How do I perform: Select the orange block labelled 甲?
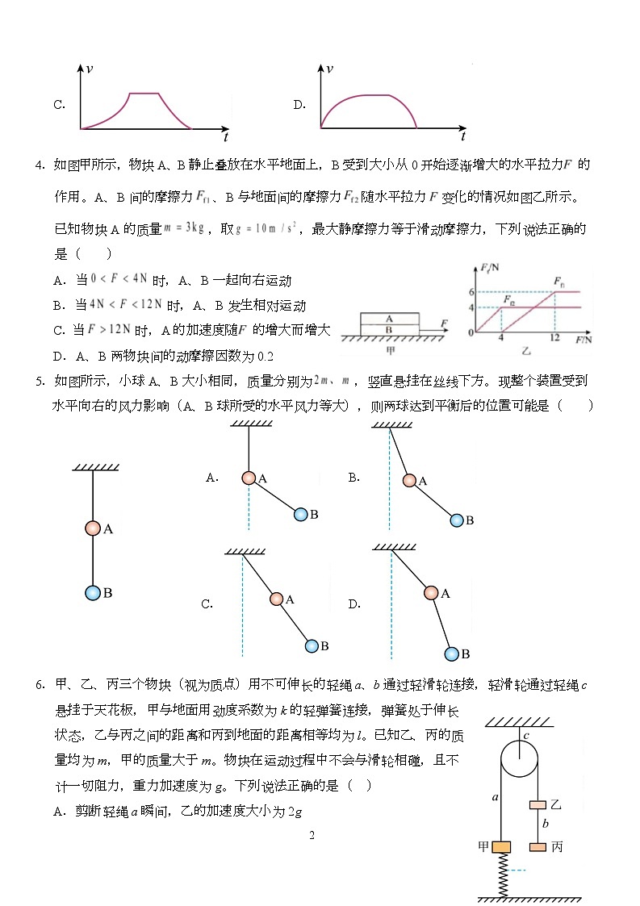(x=502, y=847)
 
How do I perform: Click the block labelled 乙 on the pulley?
(x=538, y=804)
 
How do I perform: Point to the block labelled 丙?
(x=538, y=847)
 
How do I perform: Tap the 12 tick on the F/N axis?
(x=554, y=339)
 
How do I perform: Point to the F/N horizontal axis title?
(x=584, y=340)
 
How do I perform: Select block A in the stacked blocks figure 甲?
(x=389, y=318)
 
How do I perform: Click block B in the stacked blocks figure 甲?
(x=389, y=328)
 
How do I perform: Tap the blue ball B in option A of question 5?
(x=301, y=514)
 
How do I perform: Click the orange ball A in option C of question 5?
(x=277, y=599)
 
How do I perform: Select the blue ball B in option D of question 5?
(x=452, y=653)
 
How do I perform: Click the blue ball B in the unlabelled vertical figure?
(x=93, y=593)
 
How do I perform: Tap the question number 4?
(x=39, y=165)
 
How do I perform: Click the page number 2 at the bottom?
(x=312, y=835)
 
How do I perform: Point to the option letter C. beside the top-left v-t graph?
(x=59, y=105)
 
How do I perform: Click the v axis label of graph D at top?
(x=329, y=69)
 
